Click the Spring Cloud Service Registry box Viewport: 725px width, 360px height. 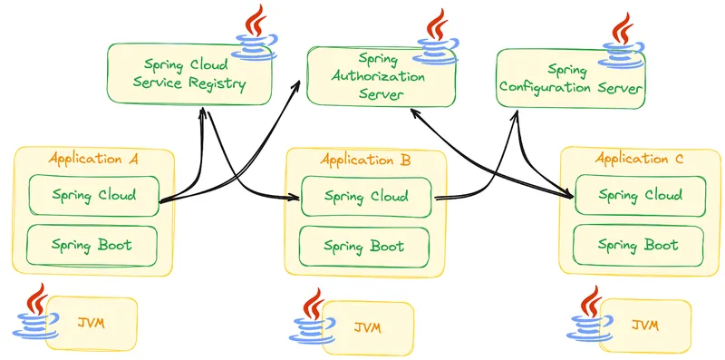pyautogui.click(x=189, y=74)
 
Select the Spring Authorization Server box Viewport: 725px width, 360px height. pyautogui.click(x=381, y=76)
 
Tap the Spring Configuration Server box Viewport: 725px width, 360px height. pyautogui.click(x=571, y=79)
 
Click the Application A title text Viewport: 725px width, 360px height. pyautogui.click(x=93, y=159)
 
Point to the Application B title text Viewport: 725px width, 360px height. pyautogui.click(x=365, y=161)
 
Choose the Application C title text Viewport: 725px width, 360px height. pyautogui.click(x=639, y=159)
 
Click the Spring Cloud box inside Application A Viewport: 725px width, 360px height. pyautogui.click(x=94, y=195)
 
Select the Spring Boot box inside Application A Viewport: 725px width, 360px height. pyautogui.click(x=92, y=245)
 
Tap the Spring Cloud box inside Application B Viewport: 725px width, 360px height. pyautogui.click(x=366, y=197)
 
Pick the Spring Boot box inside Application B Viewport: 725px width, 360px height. pyautogui.click(x=364, y=246)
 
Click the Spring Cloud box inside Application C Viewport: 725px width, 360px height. pyautogui.click(x=641, y=195)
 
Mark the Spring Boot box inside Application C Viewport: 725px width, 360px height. pyautogui.click(x=638, y=245)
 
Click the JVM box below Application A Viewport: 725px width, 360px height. pyautogui.click(x=92, y=323)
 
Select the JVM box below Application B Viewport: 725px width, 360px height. pyautogui.click(x=368, y=328)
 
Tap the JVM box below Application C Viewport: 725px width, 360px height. pyautogui.click(x=645, y=326)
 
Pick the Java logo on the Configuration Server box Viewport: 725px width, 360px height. pyautogui.click(x=621, y=41)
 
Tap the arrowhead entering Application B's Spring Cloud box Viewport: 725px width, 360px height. pyautogui.click(x=296, y=198)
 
